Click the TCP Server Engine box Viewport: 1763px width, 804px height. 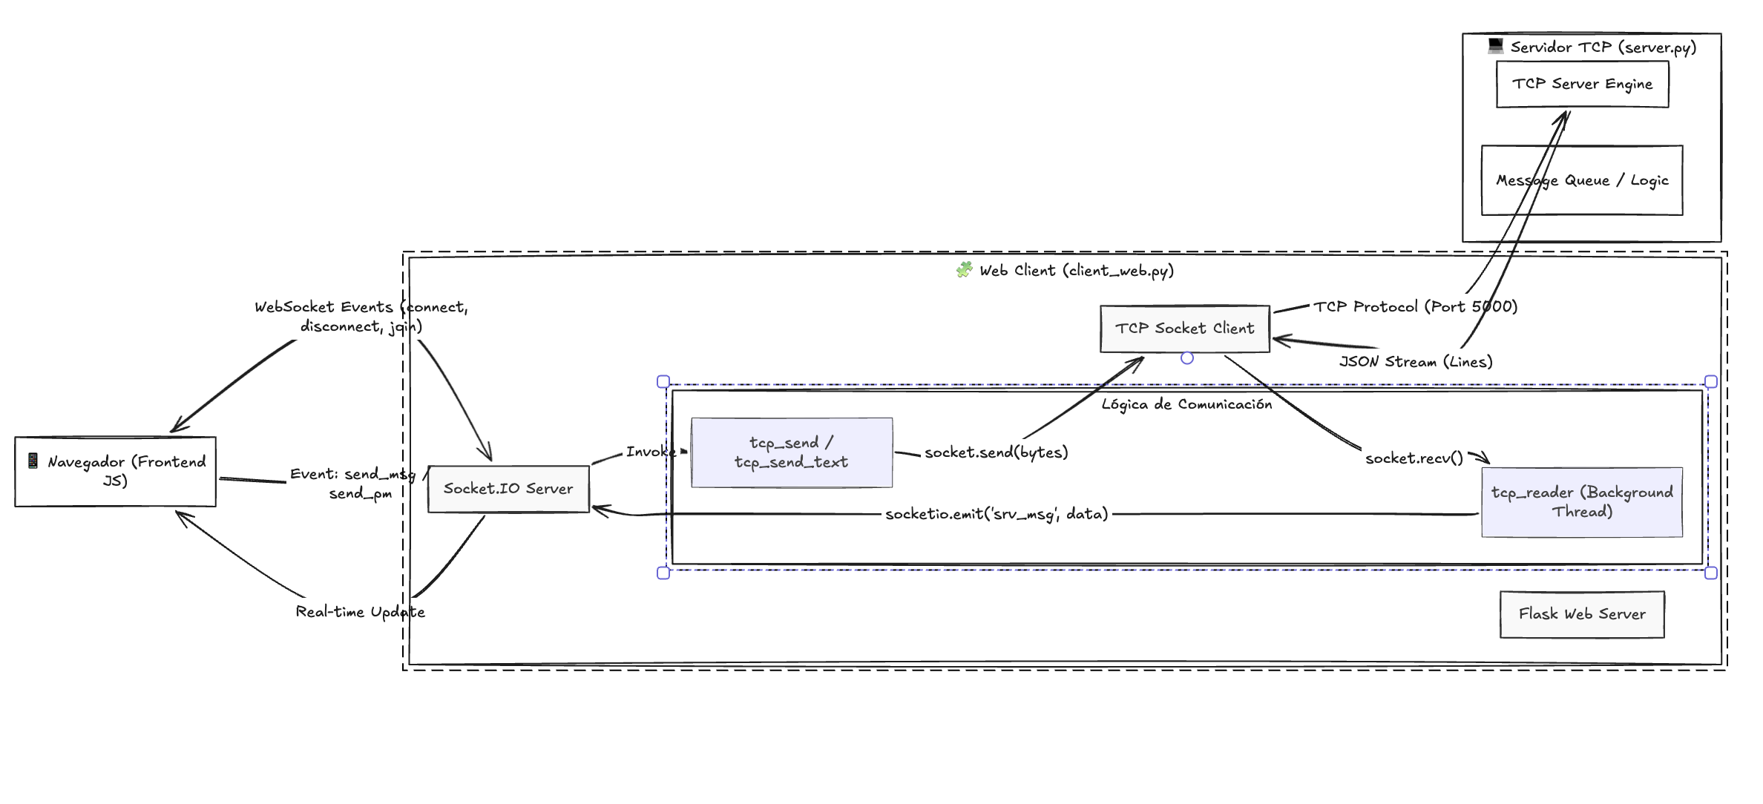point(1582,85)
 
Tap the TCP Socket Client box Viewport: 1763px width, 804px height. point(1184,329)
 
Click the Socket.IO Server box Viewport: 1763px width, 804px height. point(508,489)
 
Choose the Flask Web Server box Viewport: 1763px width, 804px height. point(1581,614)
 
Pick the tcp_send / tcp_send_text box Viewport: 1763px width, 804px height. point(791,452)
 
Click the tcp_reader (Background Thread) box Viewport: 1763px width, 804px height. point(1581,502)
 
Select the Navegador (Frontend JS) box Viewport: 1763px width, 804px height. point(115,472)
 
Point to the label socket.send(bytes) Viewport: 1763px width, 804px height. point(996,452)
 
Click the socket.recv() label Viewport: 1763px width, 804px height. point(1414,458)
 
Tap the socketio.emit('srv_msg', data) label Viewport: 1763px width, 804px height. point(996,514)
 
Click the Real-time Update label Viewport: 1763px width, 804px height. point(360,612)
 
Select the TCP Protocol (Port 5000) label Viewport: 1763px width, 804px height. point(1415,306)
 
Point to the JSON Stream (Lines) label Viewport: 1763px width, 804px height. point(1415,362)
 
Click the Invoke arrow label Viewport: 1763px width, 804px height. point(650,452)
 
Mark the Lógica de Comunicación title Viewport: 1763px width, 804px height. point(1186,404)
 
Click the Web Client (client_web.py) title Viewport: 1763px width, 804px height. point(1076,271)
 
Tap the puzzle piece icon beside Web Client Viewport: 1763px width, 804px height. point(964,270)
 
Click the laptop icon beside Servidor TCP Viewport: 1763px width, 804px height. point(1495,46)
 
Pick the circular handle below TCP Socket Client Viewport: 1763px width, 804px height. point(1187,358)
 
